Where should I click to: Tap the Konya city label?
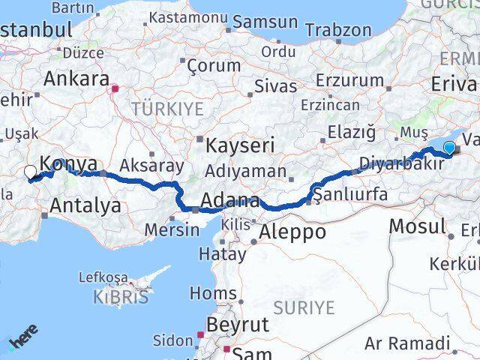[x=68, y=163]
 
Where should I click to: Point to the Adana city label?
[x=230, y=201]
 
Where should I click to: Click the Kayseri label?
[x=240, y=145]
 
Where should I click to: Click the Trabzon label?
[x=343, y=30]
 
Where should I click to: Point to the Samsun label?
[x=265, y=22]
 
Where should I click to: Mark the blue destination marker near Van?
[x=449, y=148]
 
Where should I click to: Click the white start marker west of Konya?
[x=30, y=172]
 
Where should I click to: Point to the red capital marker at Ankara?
[x=114, y=88]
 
